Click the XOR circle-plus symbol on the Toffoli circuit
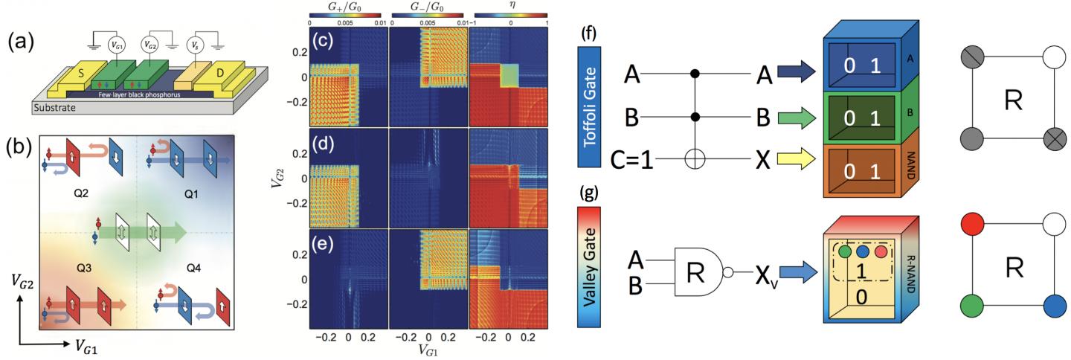point(696,161)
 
